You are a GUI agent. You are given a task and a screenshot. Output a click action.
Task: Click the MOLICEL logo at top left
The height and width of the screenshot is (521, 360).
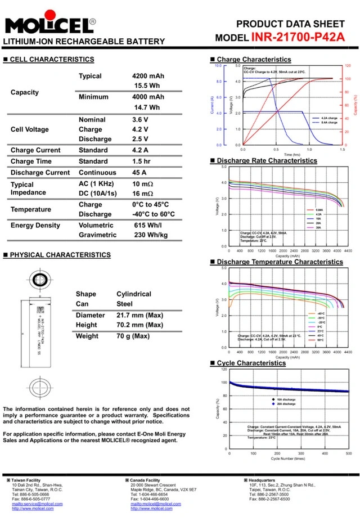(49, 26)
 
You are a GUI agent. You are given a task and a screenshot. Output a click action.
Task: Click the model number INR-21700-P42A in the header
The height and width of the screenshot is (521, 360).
(298, 38)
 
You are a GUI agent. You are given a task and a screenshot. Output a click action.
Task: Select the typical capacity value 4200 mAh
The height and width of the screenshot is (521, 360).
(148, 76)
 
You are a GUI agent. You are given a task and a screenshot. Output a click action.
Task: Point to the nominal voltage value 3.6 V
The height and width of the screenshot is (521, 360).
(140, 120)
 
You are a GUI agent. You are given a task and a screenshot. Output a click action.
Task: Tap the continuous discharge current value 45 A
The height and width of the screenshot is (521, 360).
(139, 173)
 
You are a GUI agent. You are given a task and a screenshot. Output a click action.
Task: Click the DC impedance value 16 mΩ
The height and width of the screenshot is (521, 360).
(143, 194)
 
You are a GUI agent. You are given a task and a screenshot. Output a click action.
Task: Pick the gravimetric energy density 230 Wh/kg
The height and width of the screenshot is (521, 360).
(151, 235)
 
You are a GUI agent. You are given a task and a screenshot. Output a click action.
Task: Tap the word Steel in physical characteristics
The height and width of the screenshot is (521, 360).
(125, 304)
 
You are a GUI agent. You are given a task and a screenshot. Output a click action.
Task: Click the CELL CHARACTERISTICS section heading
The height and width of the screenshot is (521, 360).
(52, 59)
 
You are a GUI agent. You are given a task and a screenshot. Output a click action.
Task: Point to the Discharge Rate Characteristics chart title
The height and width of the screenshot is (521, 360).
(267, 160)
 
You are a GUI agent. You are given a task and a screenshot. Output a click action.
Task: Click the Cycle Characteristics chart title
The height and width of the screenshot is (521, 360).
(251, 363)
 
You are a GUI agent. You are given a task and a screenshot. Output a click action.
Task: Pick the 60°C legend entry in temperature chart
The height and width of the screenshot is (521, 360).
(321, 340)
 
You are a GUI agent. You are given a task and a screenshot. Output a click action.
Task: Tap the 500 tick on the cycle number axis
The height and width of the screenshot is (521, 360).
(349, 453)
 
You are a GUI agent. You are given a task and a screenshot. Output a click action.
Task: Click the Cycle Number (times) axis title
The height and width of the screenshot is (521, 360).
(288, 459)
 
